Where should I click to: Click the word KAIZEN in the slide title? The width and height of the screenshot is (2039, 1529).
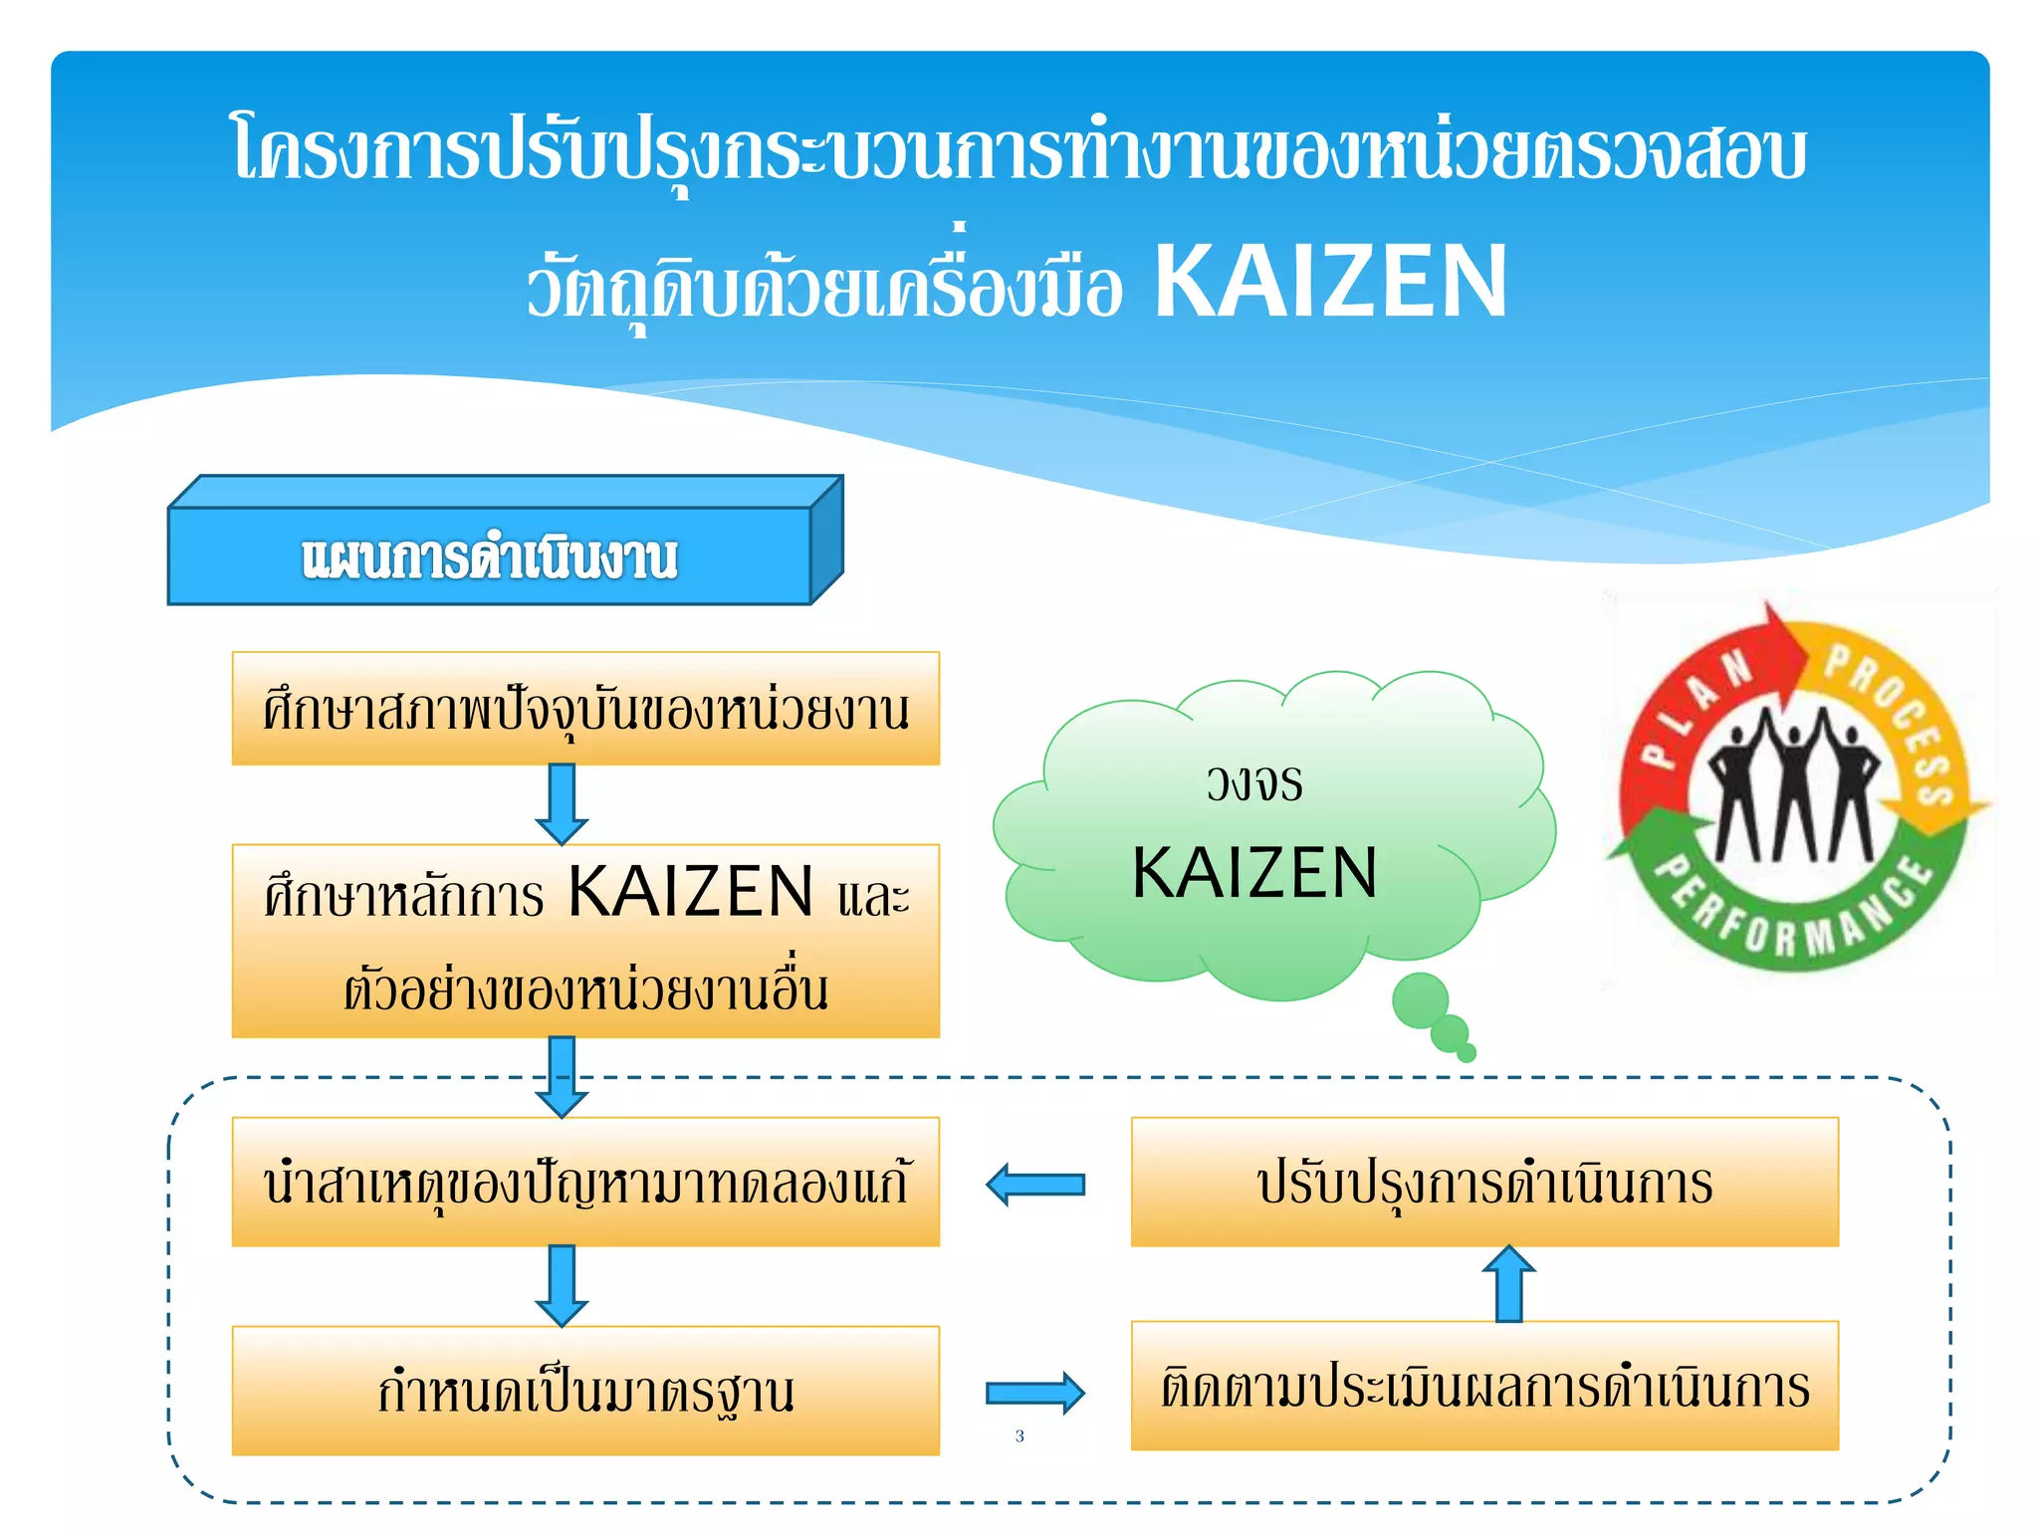point(1330,283)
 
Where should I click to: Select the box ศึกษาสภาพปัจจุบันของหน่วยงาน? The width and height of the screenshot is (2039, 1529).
point(585,709)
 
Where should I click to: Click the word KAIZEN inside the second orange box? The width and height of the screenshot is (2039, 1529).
point(691,891)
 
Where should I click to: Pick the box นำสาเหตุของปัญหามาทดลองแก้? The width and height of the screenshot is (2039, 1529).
point(585,1182)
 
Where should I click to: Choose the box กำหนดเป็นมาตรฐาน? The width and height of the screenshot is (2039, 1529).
point(585,1391)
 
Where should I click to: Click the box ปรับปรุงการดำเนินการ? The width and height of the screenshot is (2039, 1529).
point(1484,1182)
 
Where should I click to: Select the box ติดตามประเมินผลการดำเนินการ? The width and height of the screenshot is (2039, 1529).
point(1484,1386)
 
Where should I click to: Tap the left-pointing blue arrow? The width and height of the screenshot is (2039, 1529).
point(1035,1185)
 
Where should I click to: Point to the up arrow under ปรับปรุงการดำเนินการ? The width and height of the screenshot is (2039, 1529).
point(1509,1284)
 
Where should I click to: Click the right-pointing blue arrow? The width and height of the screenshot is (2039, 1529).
point(1035,1393)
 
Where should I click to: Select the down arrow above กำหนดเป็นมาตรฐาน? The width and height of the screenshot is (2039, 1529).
point(562,1285)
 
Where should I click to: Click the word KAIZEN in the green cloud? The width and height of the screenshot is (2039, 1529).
point(1254,873)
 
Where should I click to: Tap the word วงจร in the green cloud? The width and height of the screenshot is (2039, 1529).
point(1254,782)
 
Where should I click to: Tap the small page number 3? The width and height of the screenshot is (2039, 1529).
point(1019,1435)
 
